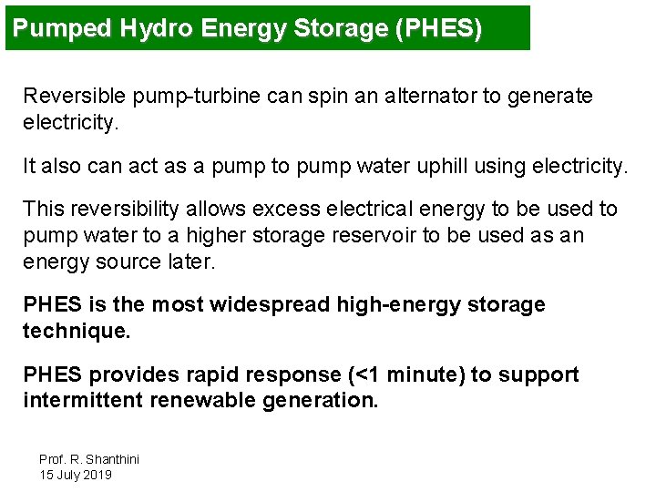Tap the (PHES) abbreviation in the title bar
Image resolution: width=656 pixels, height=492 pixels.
click(438, 28)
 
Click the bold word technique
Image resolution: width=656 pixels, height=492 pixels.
click(77, 331)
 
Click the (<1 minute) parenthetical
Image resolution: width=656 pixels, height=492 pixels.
click(405, 374)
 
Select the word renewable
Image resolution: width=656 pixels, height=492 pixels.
click(201, 401)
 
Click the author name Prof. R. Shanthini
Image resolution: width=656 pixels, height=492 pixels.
click(89, 459)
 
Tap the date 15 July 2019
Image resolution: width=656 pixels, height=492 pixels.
click(76, 475)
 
